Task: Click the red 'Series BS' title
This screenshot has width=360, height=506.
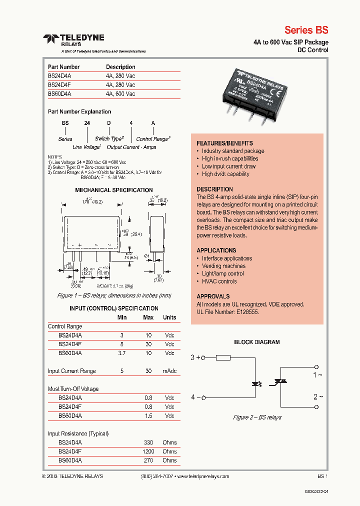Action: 306,29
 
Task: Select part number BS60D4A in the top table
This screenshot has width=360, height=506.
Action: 59,93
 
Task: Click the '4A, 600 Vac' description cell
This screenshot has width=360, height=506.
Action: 120,93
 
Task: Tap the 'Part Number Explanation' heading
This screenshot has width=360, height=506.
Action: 79,111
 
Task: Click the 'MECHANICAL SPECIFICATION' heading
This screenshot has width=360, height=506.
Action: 113,190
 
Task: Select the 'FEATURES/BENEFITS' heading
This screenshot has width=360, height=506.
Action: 224,143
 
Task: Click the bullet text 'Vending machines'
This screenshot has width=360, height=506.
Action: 223,266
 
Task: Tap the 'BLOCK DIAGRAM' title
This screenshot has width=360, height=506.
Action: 257,342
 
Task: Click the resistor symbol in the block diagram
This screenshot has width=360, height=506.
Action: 223,357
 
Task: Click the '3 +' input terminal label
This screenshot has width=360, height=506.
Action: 195,357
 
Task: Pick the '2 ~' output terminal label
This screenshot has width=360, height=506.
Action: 318,396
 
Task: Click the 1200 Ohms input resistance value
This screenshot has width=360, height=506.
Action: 148,451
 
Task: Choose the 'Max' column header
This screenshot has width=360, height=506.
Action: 148,317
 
